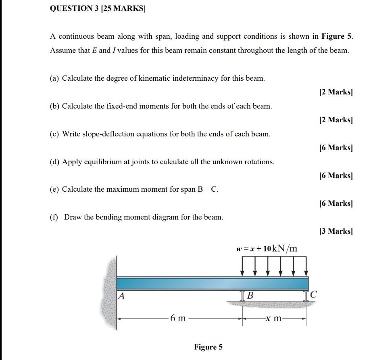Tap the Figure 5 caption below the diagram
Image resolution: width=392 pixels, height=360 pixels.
coord(208,347)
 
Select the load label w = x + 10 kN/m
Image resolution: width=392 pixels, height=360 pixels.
coord(267,248)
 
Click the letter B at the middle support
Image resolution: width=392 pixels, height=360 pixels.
coord(250,296)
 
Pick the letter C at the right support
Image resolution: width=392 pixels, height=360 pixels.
coord(315,296)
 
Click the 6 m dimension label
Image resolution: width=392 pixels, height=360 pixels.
coord(178,318)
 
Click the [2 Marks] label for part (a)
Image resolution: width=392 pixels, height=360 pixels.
coord(336,92)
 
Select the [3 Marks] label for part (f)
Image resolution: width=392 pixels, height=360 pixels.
coord(336,231)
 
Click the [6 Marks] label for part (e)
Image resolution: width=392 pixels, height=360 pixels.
coord(336,203)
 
